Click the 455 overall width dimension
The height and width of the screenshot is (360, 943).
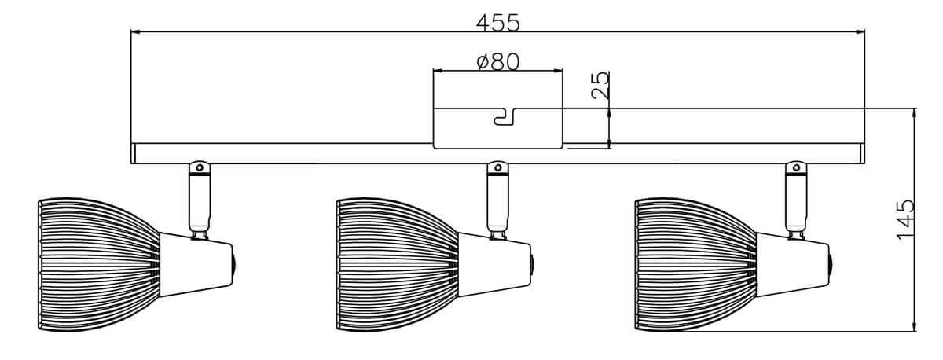coord(497,23)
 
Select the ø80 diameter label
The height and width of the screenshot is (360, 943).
coord(498,61)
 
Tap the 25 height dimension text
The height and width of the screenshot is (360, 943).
coord(600,85)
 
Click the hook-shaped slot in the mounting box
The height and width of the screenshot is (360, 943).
coord(502,117)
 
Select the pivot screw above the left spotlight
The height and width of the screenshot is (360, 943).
coord(200,167)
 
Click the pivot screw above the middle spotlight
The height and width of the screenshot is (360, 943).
coord(497,167)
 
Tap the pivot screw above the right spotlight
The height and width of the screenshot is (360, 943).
coord(796,167)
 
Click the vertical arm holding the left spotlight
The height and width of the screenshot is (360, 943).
coord(200,200)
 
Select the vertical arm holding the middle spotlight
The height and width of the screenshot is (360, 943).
coord(497,200)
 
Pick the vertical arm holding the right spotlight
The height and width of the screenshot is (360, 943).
coord(796,200)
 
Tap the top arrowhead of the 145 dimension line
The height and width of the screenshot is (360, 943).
coord(914,112)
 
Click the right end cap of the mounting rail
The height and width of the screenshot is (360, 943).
coord(861,154)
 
